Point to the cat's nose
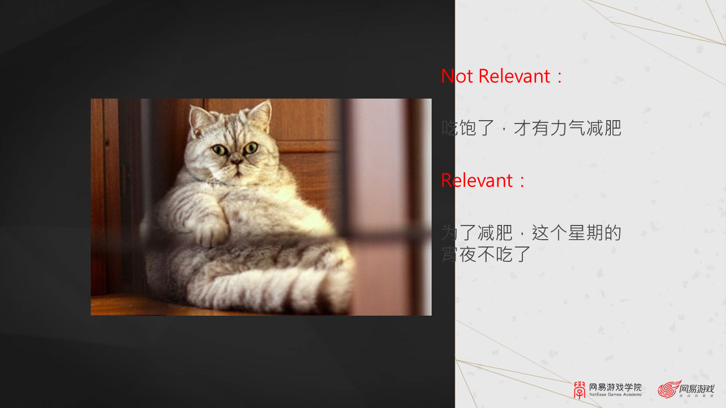point(236,163)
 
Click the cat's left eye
point(219,150)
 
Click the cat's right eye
point(251,148)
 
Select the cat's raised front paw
point(212,230)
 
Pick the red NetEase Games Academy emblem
point(580,390)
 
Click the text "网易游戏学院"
point(615,388)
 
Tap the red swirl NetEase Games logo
point(669,390)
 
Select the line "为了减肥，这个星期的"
point(531,233)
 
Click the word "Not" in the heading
point(457,76)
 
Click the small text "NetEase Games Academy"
point(615,394)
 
